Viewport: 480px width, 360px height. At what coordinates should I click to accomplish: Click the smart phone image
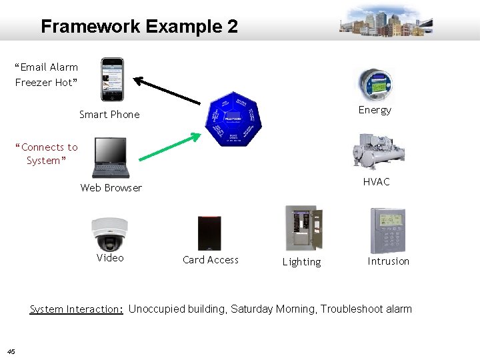coord(112,79)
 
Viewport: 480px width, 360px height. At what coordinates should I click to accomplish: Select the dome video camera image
coord(109,233)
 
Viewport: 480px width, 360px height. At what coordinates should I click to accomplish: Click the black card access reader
coord(209,233)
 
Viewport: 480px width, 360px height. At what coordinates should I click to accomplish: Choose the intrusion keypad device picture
coord(387,229)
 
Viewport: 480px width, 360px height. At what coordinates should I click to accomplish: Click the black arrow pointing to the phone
coord(167,91)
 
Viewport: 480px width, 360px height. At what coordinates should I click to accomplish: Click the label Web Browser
coord(111,188)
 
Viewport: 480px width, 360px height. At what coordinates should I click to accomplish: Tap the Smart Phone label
coord(109,115)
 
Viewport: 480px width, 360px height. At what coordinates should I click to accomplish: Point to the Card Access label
coord(210,260)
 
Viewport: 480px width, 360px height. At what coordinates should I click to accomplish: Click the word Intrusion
coord(388,261)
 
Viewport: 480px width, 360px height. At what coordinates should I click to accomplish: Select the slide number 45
coord(12,352)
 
